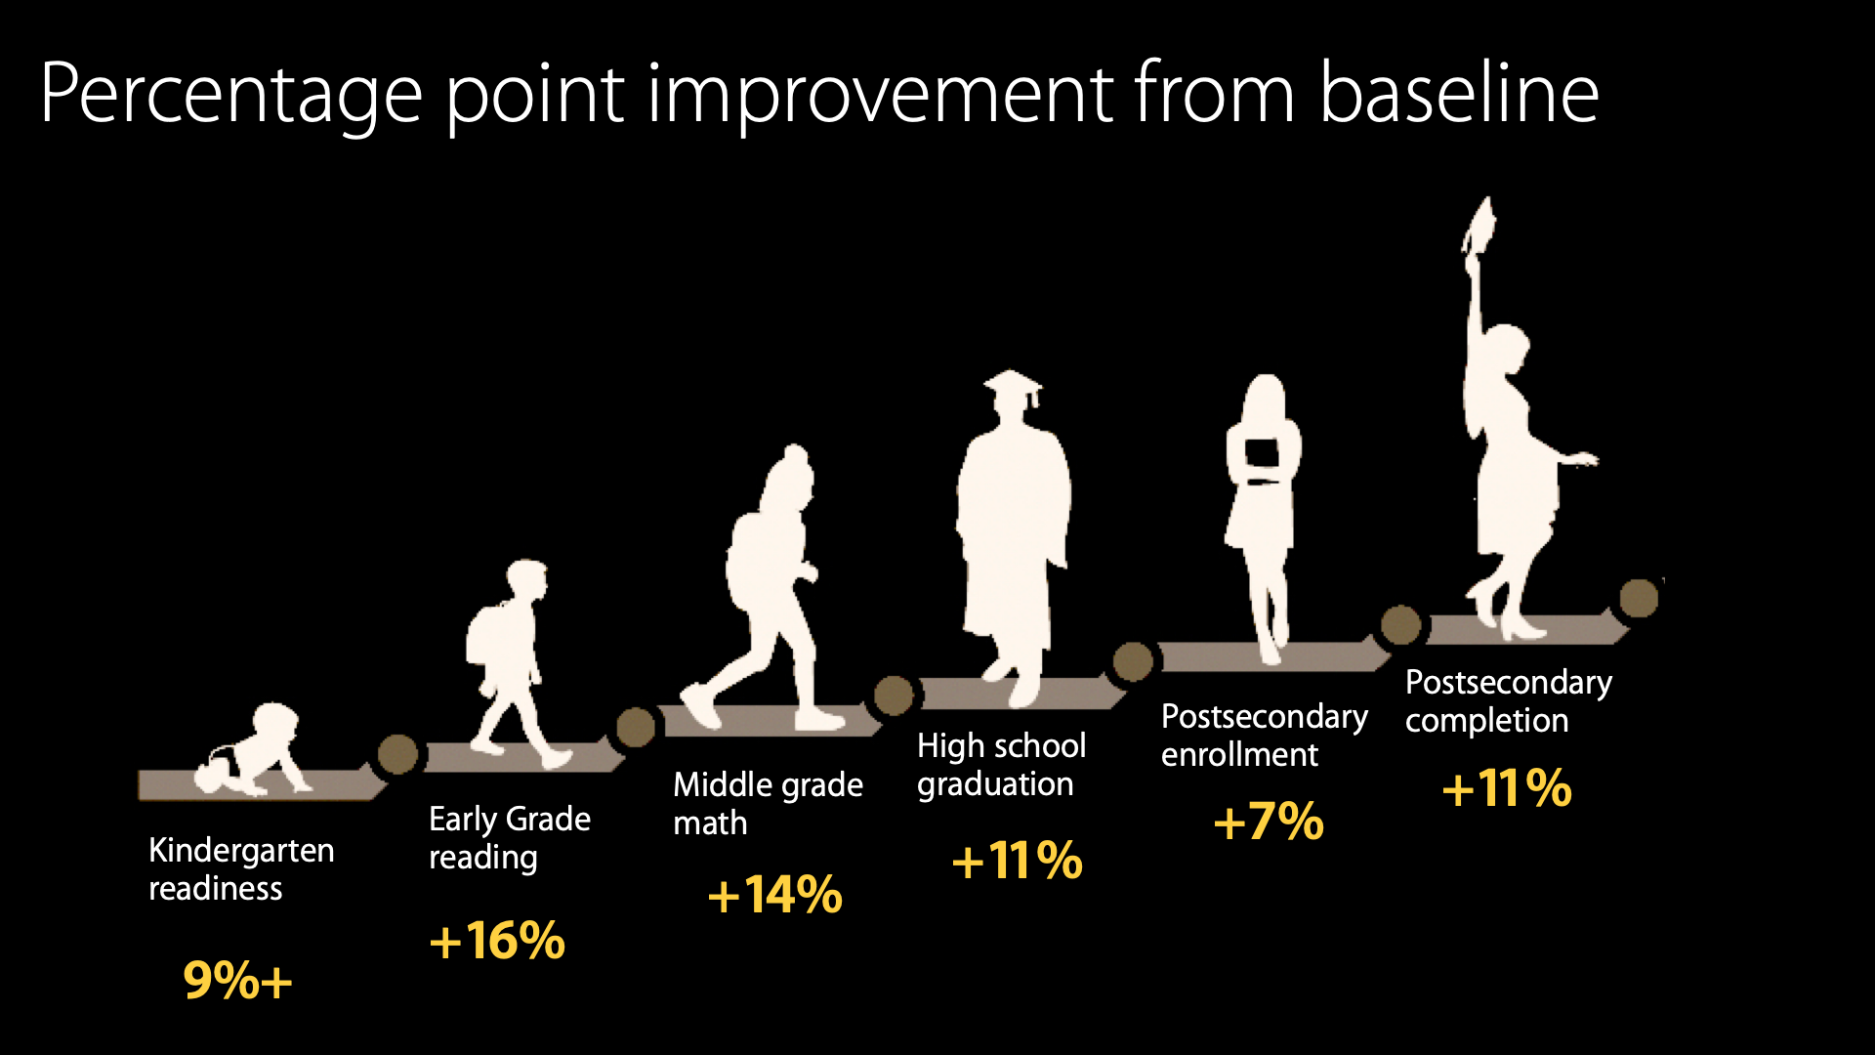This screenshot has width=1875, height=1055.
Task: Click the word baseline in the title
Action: click(x=1459, y=94)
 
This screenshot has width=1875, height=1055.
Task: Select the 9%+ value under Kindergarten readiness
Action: click(x=237, y=980)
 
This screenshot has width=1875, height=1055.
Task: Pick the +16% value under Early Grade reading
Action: click(x=497, y=941)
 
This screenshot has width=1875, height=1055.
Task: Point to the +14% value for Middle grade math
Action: click(x=774, y=895)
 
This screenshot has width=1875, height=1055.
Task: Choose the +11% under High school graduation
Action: click(x=1017, y=861)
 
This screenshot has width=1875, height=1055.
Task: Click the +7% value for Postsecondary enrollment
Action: click(x=1269, y=822)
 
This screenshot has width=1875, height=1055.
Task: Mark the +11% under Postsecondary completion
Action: click(x=1507, y=787)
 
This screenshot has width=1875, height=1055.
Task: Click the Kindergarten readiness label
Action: click(x=241, y=869)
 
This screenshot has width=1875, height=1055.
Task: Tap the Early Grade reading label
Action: click(x=510, y=838)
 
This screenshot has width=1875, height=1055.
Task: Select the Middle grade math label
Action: click(x=768, y=803)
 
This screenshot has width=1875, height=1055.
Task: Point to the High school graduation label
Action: click(x=1001, y=765)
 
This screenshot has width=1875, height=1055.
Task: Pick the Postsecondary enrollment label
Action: click(x=1264, y=735)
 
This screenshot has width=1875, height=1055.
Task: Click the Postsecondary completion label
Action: click(x=1508, y=700)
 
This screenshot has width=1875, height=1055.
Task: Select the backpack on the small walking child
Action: click(x=484, y=635)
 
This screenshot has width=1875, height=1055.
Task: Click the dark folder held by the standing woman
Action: click(x=1262, y=453)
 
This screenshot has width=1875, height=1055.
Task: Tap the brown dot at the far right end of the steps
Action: click(x=1639, y=599)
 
